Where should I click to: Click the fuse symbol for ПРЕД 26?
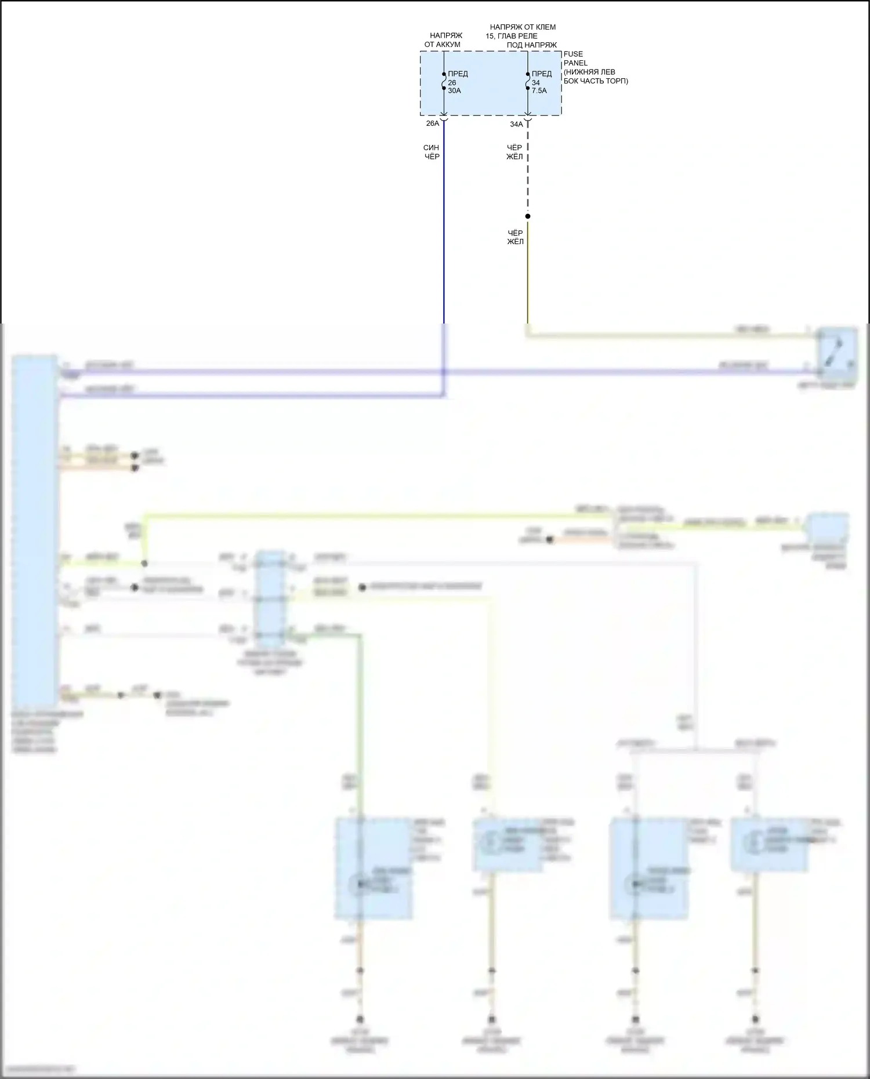444,82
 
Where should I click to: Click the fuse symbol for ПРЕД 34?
528,82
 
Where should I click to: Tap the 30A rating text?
454,91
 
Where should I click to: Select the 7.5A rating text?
539,91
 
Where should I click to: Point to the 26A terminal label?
433,123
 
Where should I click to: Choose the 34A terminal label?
516,124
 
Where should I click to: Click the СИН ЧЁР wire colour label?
432,152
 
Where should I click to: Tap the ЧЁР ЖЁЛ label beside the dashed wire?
514,152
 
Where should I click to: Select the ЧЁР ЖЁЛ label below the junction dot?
515,237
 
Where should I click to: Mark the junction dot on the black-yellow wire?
528,216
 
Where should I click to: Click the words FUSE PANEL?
575,59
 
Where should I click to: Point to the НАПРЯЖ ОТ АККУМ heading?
443,40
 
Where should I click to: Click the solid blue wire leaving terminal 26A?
444,232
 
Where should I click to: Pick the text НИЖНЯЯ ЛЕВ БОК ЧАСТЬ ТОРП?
595,77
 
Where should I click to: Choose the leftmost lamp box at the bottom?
374,868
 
